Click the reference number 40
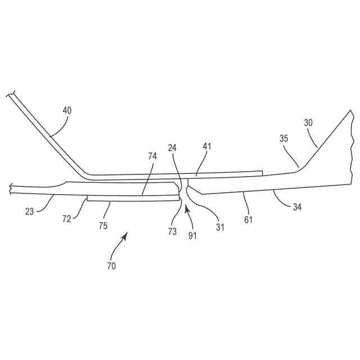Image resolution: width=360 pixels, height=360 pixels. coord(67,111)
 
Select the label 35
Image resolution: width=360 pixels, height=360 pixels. coord(285,139)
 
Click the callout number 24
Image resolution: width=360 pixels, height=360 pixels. coord(173,148)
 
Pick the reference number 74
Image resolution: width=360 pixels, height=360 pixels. coord(152,156)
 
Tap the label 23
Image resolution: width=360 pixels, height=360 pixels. coord(30,212)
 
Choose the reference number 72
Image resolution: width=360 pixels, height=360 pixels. coord(66,219)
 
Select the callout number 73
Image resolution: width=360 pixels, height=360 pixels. coord(172,231)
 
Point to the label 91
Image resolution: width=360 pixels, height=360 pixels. coord(192,236)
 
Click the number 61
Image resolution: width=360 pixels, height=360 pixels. coord(248,219)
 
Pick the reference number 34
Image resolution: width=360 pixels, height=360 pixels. coord(297,207)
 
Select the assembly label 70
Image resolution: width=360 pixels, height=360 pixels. coord(111,266)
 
